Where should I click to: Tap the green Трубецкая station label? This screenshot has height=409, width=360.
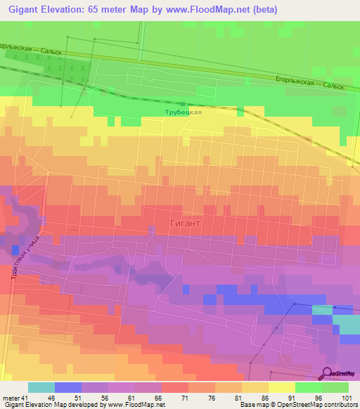[184, 112]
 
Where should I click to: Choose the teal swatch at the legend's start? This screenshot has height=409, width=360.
[41, 387]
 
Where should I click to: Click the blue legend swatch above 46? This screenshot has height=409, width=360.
[68, 387]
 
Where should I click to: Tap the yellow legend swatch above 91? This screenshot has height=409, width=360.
[281, 387]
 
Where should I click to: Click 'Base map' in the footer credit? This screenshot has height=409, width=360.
[253, 405]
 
